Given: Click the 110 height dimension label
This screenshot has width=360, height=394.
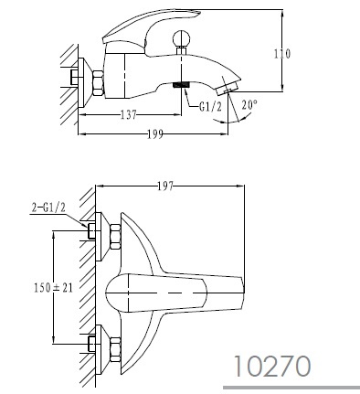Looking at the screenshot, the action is click(x=282, y=54).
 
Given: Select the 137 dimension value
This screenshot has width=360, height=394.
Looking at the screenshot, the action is click(x=129, y=115).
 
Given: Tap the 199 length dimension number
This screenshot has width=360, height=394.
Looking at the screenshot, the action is click(x=155, y=134).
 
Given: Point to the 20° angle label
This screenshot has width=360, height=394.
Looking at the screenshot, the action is click(x=249, y=105).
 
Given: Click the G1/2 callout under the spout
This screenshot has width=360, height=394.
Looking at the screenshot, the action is click(x=211, y=107).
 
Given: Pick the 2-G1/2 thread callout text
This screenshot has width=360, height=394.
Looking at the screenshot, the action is click(x=48, y=208).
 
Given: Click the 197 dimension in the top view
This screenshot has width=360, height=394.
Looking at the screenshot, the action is click(x=165, y=186).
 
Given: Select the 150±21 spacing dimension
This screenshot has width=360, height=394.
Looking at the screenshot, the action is click(x=54, y=287).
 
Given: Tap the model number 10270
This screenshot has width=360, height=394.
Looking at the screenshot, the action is click(x=272, y=366).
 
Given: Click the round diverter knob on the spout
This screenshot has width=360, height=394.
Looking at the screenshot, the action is click(x=181, y=38).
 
